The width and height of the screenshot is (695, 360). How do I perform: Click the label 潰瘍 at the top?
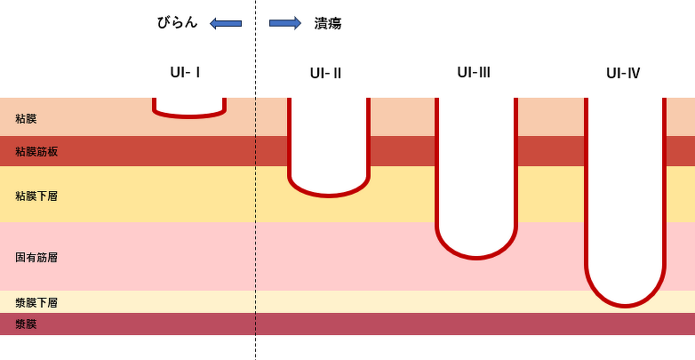[327, 24]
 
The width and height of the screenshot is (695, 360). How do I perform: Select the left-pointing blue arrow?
[226, 23]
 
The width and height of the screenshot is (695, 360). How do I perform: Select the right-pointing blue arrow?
[285, 23]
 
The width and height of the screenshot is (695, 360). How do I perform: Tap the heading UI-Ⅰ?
[185, 72]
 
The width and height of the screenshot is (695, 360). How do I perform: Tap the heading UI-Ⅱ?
[326, 73]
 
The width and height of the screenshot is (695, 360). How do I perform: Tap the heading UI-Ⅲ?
[474, 72]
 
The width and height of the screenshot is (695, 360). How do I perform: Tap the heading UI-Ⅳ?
[623, 73]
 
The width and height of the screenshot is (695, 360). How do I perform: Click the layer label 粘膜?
[27, 118]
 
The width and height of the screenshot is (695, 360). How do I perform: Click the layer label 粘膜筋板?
[37, 152]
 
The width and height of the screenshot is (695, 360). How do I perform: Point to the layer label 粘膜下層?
[37, 195]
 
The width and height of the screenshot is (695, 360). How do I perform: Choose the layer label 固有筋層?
[37, 257]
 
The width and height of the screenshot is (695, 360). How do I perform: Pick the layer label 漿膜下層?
[37, 303]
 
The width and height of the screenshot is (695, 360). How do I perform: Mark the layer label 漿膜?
[27, 324]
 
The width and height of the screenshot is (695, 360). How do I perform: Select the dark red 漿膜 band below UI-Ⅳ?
[626, 324]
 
